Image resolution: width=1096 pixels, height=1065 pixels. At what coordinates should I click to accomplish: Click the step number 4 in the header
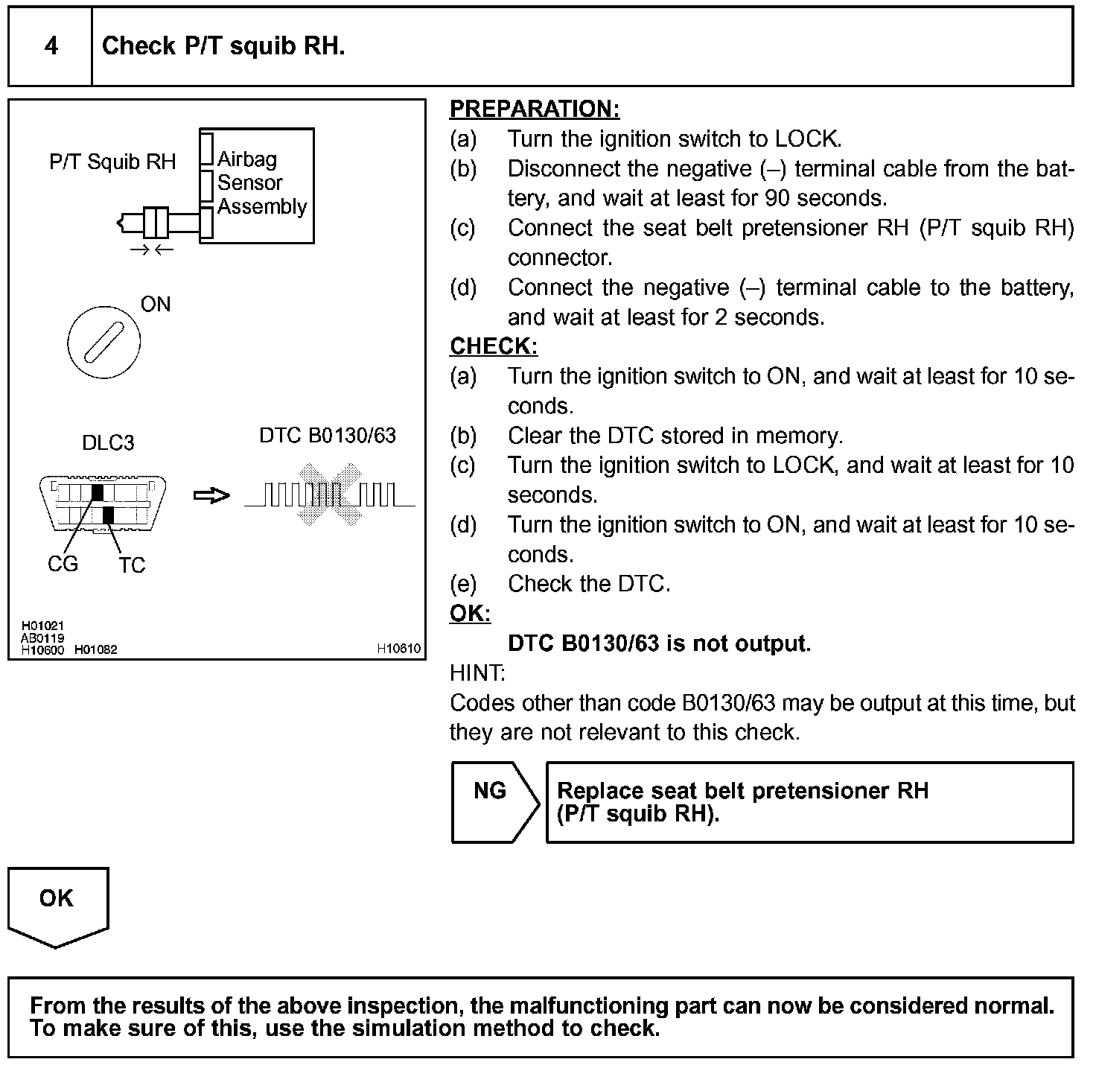(51, 46)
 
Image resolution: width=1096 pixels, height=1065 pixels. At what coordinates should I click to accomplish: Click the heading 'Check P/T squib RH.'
(223, 46)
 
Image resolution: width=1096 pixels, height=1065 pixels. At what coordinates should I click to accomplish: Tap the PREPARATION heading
(534, 109)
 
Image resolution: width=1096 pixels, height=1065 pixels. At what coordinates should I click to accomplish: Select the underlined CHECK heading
(493, 346)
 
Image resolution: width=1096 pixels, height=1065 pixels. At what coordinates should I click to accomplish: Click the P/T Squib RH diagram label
(112, 162)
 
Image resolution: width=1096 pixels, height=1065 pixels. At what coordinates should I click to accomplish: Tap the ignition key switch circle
(103, 343)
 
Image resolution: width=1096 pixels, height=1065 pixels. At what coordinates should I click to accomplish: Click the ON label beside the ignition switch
(156, 304)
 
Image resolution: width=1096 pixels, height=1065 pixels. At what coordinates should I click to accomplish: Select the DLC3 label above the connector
(108, 443)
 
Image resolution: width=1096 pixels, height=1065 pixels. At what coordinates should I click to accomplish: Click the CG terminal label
(63, 564)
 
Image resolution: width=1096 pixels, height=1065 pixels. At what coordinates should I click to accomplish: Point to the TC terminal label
(132, 565)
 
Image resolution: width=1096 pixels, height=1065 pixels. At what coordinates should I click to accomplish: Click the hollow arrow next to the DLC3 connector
(211, 495)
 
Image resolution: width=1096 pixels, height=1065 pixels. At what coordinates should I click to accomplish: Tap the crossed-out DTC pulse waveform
(329, 495)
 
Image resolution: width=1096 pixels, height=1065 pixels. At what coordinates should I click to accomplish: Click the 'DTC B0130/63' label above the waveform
(328, 436)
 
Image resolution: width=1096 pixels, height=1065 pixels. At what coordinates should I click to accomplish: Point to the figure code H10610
(398, 649)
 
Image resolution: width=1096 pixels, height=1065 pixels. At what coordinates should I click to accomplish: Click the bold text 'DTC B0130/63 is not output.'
(659, 643)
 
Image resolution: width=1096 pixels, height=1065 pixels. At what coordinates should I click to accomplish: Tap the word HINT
(477, 673)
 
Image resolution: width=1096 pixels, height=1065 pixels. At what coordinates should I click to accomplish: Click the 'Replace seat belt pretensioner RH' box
(809, 802)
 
